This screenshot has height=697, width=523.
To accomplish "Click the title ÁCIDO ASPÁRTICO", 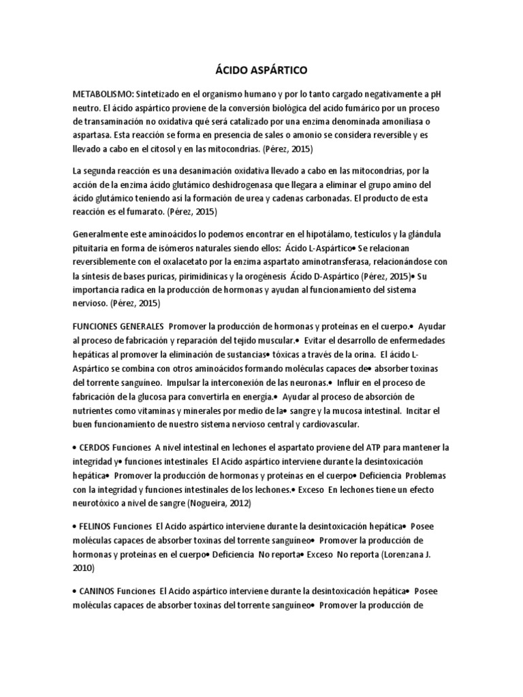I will tap(261, 69).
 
